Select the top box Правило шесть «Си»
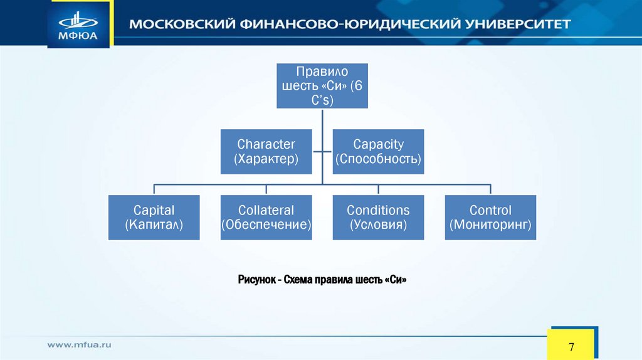pos(322,86)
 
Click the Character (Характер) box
pos(266,152)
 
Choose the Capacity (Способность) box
pos(378,152)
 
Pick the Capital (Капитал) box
pos(154,218)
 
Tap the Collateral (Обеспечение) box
pos(266,218)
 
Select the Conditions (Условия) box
pos(378,218)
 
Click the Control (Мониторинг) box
pos(490,218)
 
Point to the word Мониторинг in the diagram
pos(490,225)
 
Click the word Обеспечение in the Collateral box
pos(266,225)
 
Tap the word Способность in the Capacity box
pos(378,159)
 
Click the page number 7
pos(571,347)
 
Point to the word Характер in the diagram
pos(266,159)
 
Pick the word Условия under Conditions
pos(378,225)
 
